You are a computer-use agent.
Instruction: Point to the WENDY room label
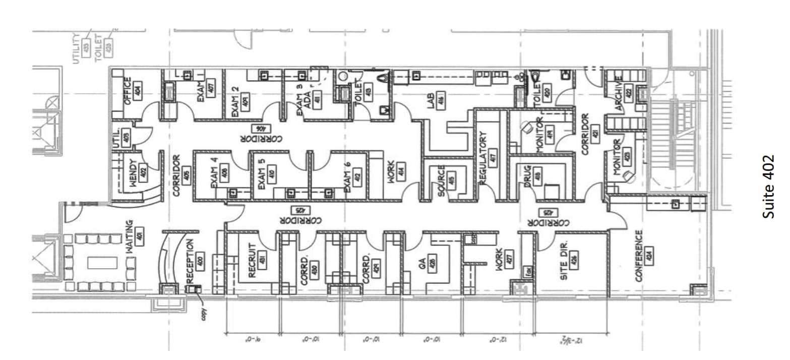point(133,173)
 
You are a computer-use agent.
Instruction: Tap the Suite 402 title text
point(768,186)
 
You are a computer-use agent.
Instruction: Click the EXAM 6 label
point(347,179)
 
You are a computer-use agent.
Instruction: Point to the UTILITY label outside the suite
point(77,48)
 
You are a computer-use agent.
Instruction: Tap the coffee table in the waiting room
point(102,263)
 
